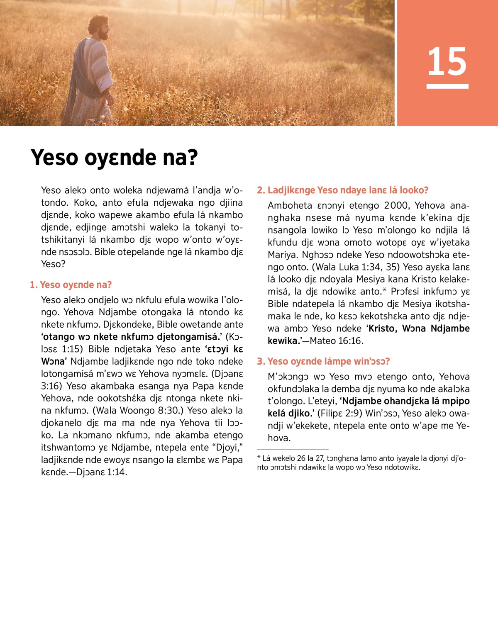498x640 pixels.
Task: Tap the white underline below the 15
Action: (x=447, y=86)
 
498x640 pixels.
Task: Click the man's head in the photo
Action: (x=100, y=27)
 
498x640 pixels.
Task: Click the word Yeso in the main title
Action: (x=54, y=158)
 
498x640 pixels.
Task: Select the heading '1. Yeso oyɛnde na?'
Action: (x=71, y=285)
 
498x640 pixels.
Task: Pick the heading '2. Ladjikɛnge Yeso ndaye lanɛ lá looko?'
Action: (x=343, y=190)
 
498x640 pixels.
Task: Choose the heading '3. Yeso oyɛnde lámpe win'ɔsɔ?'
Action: (x=324, y=362)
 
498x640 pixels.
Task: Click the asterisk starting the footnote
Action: (x=259, y=457)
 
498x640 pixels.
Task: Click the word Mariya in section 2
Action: (x=282, y=255)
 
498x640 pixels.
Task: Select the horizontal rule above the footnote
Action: (x=293, y=449)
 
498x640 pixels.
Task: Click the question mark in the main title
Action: (x=192, y=158)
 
